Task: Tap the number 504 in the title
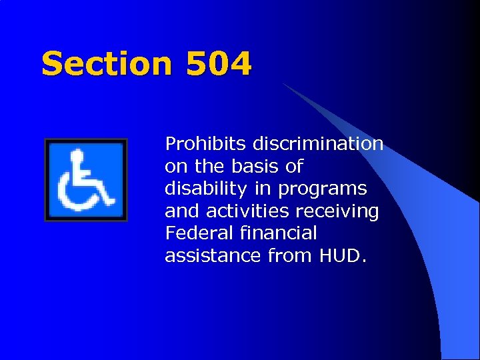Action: pos(219,65)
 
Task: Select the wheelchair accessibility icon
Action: pos(85,180)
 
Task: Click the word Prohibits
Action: pos(195,144)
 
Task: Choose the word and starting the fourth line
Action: pos(182,211)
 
